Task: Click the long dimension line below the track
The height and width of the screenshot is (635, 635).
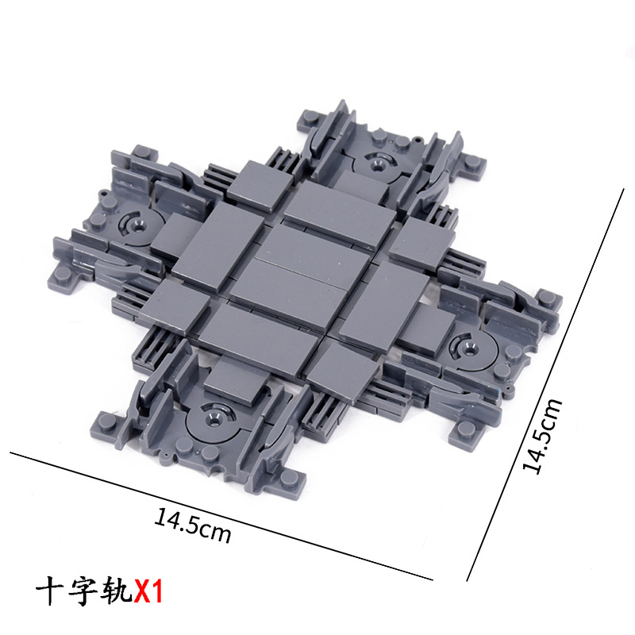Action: (x=222, y=516)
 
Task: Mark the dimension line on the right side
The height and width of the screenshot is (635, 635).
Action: (x=548, y=381)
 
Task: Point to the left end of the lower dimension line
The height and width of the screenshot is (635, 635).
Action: (x=11, y=453)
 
